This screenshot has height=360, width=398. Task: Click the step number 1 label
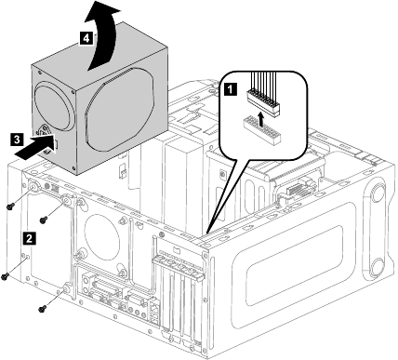[x=230, y=89]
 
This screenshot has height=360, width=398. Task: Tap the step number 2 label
[x=29, y=238]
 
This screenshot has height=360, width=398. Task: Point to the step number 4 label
[x=86, y=39]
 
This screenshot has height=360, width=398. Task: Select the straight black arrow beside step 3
[x=35, y=146]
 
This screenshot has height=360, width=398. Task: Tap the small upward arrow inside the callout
[x=261, y=120]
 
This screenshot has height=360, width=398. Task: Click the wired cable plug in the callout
[x=263, y=96]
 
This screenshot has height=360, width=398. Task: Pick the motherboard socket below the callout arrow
[x=262, y=131]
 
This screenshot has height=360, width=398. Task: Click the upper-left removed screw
[x=10, y=206]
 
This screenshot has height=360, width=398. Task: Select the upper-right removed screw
[x=44, y=220]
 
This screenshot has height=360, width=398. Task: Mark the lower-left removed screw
[x=5, y=276]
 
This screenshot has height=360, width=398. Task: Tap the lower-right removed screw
[x=42, y=308]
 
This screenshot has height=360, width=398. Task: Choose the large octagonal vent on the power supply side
[x=120, y=110]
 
